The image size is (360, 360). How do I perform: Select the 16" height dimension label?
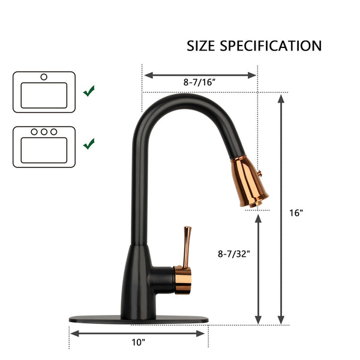click(296, 213)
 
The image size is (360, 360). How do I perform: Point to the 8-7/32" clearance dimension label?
click(234, 254)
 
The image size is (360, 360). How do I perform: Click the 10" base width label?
click(139, 342)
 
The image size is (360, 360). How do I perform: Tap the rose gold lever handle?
click(187, 246)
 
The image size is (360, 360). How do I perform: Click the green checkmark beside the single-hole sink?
click(89, 91)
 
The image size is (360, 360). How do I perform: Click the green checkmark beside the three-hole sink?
click(89, 143)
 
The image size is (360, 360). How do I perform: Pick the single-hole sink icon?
click(44, 92)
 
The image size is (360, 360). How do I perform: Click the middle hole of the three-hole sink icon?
click(44, 131)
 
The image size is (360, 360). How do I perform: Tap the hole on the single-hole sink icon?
click(44, 77)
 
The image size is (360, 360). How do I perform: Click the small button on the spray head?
click(260, 173)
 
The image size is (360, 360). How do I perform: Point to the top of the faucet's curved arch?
click(180, 97)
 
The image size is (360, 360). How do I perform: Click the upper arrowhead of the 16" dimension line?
click(281, 98)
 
